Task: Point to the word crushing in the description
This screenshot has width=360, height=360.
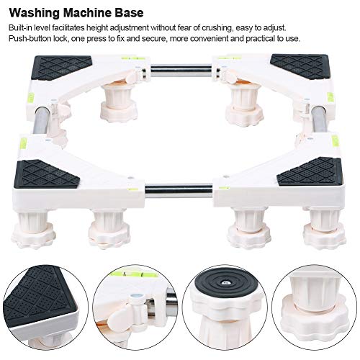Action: click(217, 28)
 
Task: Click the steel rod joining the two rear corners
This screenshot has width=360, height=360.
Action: click(181, 71)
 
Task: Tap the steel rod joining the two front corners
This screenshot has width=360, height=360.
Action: click(179, 191)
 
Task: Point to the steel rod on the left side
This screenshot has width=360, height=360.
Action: click(40, 122)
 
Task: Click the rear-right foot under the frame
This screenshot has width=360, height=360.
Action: click(243, 107)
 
